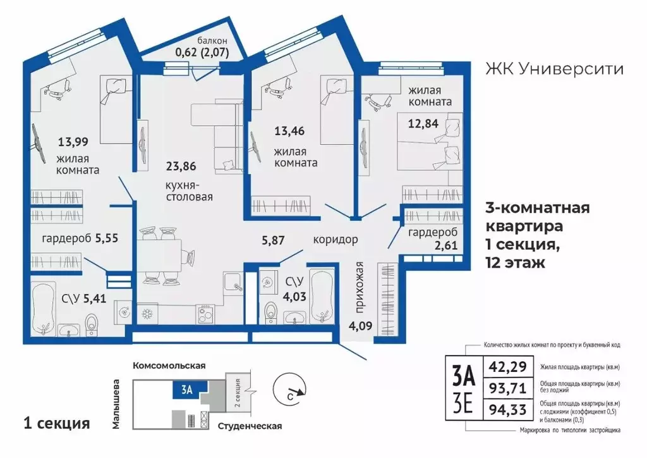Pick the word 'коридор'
336,240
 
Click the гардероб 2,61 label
431,239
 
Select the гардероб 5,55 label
70,240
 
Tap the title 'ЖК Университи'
553,69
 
